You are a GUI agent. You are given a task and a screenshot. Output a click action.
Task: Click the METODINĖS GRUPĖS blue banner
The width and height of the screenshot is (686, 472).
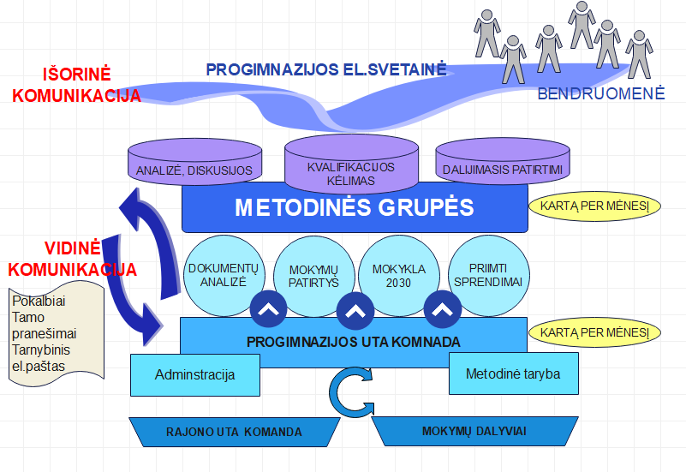click(x=354, y=209)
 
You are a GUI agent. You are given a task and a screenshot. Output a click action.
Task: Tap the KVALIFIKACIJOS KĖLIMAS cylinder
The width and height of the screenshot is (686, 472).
click(x=351, y=168)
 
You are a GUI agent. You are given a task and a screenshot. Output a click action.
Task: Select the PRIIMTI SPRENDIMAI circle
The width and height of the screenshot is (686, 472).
click(x=484, y=275)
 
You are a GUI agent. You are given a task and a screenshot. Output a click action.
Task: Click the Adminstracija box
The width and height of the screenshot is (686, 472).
click(x=195, y=375)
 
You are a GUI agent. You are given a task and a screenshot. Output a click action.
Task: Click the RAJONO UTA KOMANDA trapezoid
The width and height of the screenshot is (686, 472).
click(x=234, y=431)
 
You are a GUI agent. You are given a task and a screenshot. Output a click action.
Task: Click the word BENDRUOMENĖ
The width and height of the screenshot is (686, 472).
click(x=600, y=94)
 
